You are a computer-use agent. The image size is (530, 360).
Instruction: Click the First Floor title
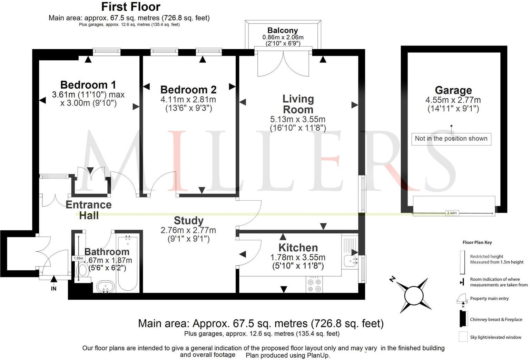coord(130,7)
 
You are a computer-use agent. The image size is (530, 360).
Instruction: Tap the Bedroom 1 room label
coord(88,85)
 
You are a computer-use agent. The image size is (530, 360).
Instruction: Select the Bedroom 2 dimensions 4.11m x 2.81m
coord(188,100)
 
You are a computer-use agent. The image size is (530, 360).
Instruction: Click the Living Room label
coord(298,104)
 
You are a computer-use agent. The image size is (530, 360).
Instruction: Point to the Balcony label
coord(283,30)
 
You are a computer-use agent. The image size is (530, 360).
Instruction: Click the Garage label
coord(453,90)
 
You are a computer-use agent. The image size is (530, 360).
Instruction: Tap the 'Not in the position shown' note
coord(451,139)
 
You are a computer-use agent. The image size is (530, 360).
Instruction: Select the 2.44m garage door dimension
coord(452,213)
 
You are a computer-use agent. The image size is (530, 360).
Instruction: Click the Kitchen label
coord(298,248)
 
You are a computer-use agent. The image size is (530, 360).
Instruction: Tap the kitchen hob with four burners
coord(314,285)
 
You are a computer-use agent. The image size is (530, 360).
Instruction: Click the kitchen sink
coord(350,262)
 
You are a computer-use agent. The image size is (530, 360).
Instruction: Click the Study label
coord(188,221)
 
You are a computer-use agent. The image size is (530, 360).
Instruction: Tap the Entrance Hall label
coord(89,210)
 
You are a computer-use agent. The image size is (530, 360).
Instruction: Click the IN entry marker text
coord(53,289)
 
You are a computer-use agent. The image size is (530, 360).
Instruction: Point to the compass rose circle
coord(413,296)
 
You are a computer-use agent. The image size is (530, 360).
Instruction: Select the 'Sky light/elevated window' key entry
coord(495,337)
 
